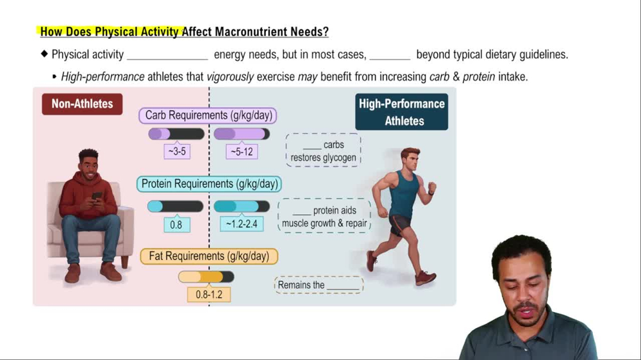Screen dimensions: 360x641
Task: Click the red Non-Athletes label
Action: pos(82,104)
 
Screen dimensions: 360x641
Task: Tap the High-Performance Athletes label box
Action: pos(402,112)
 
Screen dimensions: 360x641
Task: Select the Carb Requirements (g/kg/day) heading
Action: pos(208,115)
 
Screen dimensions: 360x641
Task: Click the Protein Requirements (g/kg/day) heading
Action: pos(210,184)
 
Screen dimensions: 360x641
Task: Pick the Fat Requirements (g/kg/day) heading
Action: pos(209,256)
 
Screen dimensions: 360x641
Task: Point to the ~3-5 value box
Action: pos(176,152)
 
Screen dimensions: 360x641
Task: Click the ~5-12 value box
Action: pos(242,152)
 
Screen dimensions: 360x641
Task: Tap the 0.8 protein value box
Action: pos(176,225)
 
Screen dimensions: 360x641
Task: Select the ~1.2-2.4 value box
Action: pos(242,225)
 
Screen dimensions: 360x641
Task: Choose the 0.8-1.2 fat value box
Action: pos(208,295)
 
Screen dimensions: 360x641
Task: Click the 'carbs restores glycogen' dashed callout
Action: pos(323,151)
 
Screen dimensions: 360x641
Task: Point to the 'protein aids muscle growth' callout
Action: pos(324,217)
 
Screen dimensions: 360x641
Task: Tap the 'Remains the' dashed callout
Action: pos(319,285)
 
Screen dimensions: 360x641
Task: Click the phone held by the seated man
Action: pos(96,195)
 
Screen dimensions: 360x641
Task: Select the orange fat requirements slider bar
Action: pos(206,277)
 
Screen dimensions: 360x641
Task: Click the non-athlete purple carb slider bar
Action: pos(176,134)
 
